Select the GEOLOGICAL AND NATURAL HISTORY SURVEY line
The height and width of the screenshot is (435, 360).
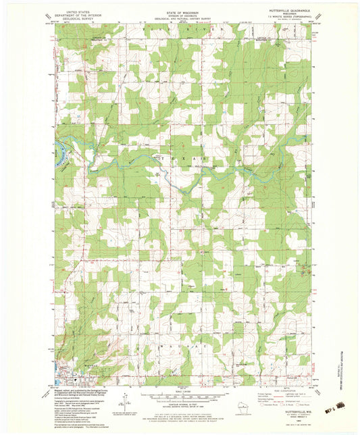pyautogui.click(x=180, y=20)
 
